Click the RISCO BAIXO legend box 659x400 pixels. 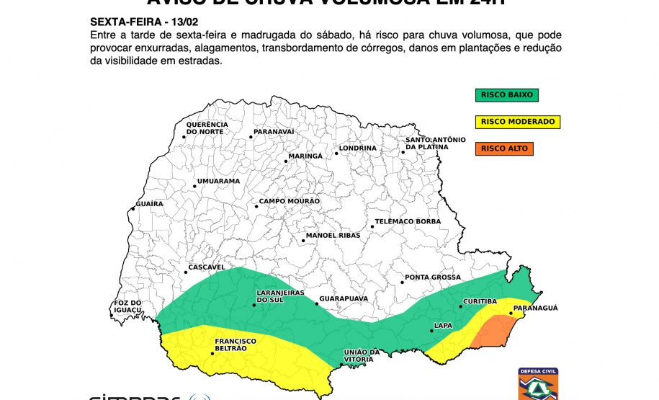pos(506,94)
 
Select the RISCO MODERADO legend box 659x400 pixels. pos(517,122)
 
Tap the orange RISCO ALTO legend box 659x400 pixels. pos(504,148)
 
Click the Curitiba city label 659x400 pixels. pos(480,301)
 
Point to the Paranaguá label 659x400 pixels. pos(534,308)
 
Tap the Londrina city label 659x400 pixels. pos(358,148)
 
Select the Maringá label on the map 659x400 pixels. pos(305,156)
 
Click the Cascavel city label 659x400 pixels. pos(207,267)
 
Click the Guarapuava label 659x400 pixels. pos(344,298)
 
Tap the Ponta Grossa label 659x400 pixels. pos(432,277)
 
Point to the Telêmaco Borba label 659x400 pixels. pos(408,221)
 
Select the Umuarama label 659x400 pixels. pos(218,181)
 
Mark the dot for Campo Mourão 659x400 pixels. pos(256,207)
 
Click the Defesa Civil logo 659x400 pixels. pos(538,385)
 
